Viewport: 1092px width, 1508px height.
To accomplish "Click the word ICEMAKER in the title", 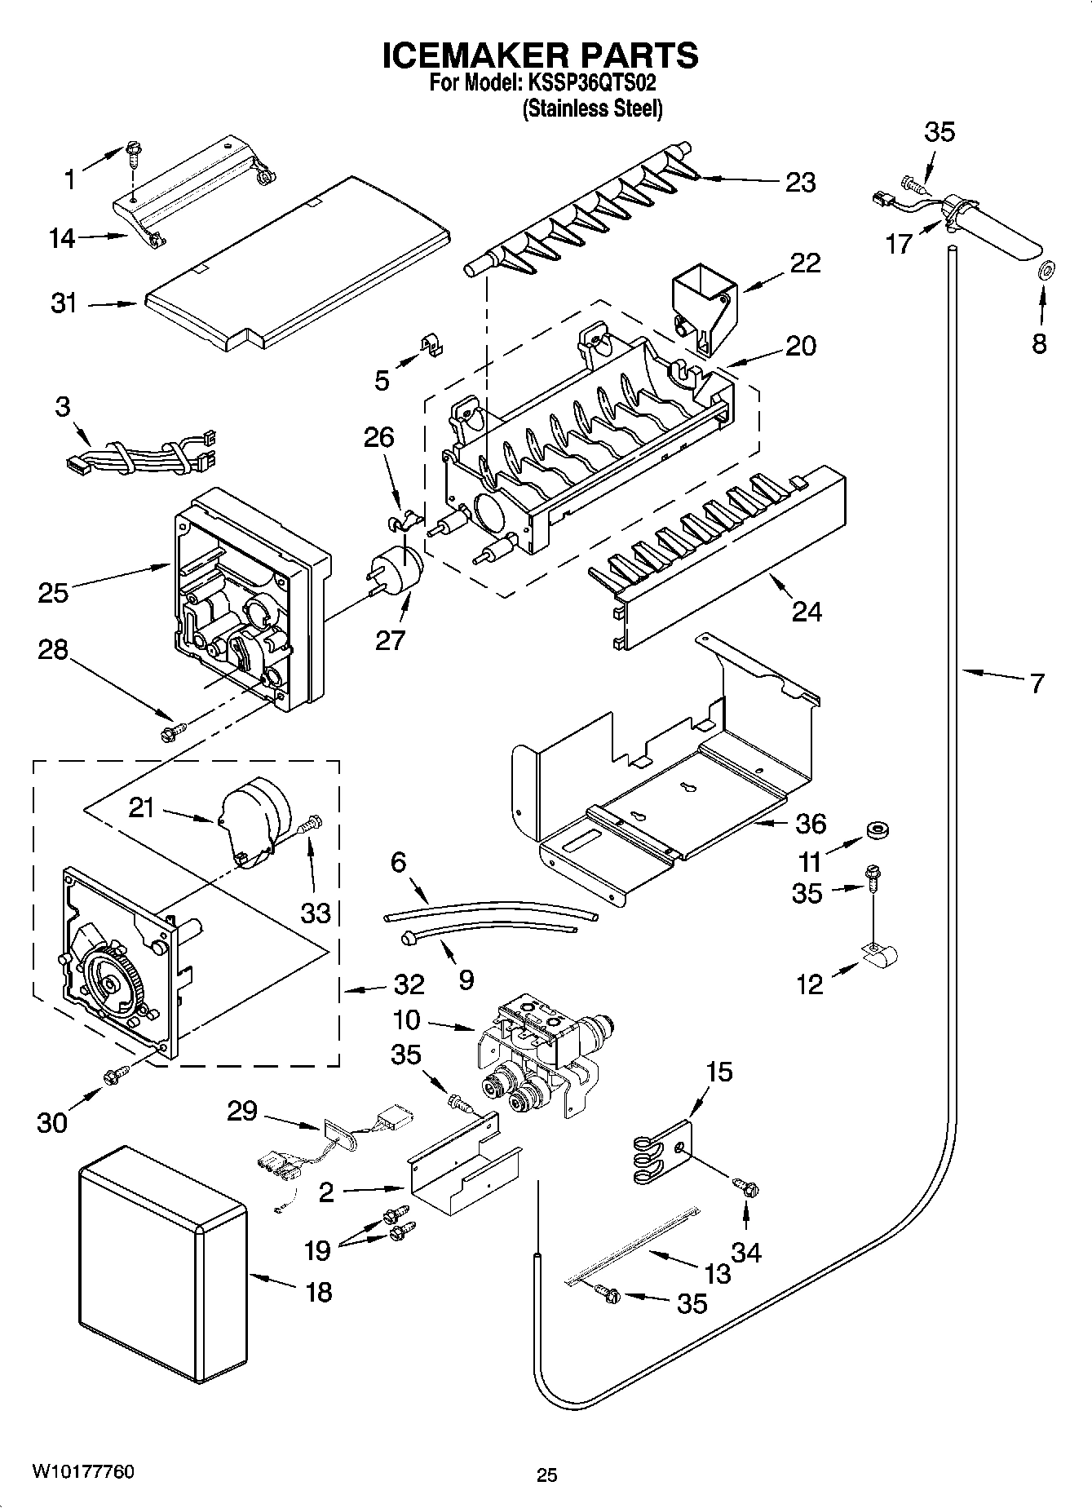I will pyautogui.click(x=469, y=55).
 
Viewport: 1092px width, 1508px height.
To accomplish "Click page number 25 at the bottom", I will pyautogui.click(x=546, y=1475).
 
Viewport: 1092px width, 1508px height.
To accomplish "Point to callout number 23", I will pyautogui.click(x=799, y=182).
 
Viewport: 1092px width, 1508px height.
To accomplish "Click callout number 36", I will pyautogui.click(x=810, y=824).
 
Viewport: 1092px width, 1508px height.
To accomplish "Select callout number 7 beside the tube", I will pyautogui.click(x=1036, y=683).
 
